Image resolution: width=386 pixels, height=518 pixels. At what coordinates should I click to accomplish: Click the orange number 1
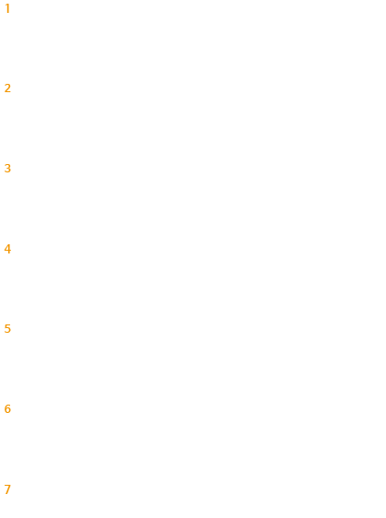click(x=7, y=8)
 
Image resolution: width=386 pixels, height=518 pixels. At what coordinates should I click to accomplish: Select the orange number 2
click(x=7, y=88)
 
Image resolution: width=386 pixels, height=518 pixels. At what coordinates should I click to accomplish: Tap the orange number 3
click(x=7, y=169)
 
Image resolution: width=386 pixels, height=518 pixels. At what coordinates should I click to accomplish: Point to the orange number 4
click(x=7, y=249)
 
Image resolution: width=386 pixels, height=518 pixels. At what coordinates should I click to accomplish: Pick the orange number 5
click(x=7, y=329)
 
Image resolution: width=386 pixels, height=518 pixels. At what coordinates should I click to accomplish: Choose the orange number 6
click(x=7, y=409)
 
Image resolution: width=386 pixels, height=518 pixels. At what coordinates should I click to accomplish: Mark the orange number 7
click(x=7, y=489)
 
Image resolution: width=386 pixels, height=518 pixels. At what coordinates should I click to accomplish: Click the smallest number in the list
click(x=7, y=8)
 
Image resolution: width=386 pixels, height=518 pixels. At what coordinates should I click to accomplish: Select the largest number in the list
click(x=7, y=489)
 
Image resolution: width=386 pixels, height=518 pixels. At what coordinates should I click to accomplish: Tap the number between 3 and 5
click(x=7, y=249)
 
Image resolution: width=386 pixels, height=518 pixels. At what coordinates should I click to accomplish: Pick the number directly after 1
click(x=7, y=88)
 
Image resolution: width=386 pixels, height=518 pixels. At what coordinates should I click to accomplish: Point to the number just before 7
click(x=7, y=409)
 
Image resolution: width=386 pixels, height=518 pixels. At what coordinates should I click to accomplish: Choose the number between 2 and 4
click(x=7, y=169)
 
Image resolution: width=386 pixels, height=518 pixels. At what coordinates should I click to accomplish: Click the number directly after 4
click(x=7, y=329)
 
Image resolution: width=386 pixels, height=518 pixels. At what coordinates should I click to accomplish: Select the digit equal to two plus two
click(x=7, y=249)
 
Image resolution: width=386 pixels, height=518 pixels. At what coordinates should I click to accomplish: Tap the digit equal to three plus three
click(x=7, y=409)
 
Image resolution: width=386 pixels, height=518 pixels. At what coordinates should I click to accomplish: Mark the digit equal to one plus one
click(x=7, y=88)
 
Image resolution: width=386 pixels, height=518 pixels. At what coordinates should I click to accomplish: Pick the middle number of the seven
click(x=7, y=249)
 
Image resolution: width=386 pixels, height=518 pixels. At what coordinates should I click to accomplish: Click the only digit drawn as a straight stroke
click(x=7, y=8)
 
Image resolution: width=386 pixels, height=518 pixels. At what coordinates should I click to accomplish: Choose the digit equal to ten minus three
click(x=7, y=489)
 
